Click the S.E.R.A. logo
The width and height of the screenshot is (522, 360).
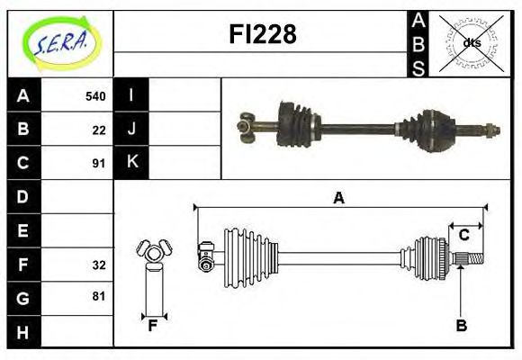click(x=60, y=42)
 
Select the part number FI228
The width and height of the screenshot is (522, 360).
click(x=261, y=34)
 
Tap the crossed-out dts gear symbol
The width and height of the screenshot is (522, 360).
click(x=470, y=42)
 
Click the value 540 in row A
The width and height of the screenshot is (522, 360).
click(x=95, y=96)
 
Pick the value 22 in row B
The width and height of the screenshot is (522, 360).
click(x=99, y=130)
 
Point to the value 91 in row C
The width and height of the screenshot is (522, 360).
click(x=99, y=163)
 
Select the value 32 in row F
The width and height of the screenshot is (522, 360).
click(x=99, y=265)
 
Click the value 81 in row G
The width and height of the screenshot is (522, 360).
click(x=99, y=296)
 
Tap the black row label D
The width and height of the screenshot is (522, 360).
click(x=23, y=196)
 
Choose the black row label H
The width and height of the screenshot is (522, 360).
click(x=23, y=331)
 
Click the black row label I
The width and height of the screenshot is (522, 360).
click(x=131, y=96)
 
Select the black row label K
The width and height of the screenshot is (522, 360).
click(x=131, y=163)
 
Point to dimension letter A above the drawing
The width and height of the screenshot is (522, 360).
click(x=339, y=198)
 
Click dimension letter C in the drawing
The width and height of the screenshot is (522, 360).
click(x=464, y=235)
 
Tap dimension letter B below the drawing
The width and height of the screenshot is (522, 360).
click(x=461, y=326)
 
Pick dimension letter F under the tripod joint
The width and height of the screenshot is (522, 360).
click(x=153, y=326)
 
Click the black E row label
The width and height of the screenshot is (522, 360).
click(x=23, y=230)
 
